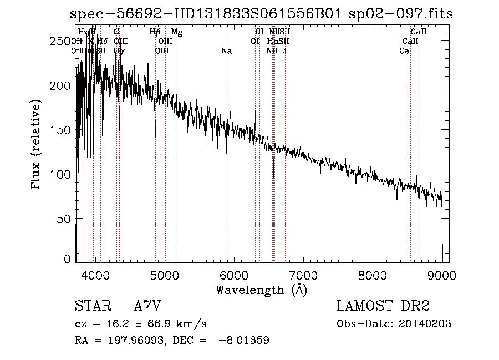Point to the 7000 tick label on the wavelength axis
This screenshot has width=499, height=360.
tap(303, 275)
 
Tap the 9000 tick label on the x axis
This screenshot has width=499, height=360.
tap(442, 275)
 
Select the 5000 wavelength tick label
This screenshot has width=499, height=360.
tap(165, 275)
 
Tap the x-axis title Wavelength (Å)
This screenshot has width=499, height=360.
tap(261, 290)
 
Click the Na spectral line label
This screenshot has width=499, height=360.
tap(226, 51)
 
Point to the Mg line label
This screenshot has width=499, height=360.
tap(176, 32)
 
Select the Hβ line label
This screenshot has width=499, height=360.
tap(155, 32)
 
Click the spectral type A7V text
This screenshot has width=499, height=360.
tap(147, 306)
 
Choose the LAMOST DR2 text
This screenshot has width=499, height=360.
tap(383, 306)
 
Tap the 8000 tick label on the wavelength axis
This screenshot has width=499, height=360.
tap(373, 275)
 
